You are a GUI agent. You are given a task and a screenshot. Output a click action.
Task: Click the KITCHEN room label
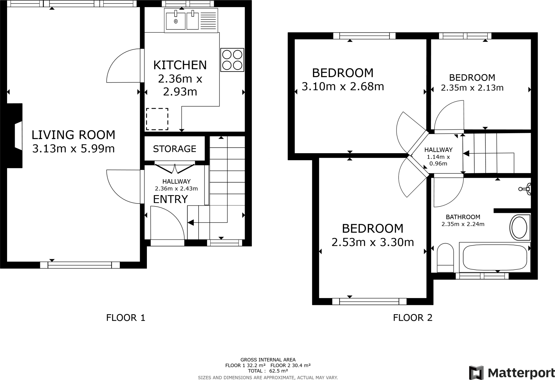point(180,65)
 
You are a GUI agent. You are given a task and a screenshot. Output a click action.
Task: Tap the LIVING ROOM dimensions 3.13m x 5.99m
point(73,149)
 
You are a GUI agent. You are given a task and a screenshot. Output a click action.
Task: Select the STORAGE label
point(175,149)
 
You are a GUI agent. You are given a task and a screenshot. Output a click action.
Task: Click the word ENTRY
point(170,199)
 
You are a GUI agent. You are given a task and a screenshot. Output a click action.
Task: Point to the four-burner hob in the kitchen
point(232,60)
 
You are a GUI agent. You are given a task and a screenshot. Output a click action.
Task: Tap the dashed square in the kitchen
point(157,119)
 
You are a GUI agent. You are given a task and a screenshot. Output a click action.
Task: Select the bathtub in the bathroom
point(495,257)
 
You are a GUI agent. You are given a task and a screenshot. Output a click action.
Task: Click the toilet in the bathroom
point(445,257)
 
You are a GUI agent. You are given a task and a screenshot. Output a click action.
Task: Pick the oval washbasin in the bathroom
point(519,227)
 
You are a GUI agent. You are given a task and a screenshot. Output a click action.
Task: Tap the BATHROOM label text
point(463,217)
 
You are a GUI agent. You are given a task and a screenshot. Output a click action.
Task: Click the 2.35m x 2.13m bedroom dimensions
point(472,88)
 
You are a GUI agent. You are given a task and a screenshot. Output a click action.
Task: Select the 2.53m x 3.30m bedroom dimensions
point(373,242)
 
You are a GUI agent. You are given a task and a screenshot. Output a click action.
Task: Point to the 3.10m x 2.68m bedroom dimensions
point(343,87)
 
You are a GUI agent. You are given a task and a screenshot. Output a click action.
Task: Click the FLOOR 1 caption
point(126,318)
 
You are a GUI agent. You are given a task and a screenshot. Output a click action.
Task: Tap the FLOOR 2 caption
point(413,318)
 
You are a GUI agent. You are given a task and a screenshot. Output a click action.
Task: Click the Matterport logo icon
point(476,373)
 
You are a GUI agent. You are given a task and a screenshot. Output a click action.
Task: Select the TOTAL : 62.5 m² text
point(268,371)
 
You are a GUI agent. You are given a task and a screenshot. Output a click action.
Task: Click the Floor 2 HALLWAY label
point(438,150)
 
